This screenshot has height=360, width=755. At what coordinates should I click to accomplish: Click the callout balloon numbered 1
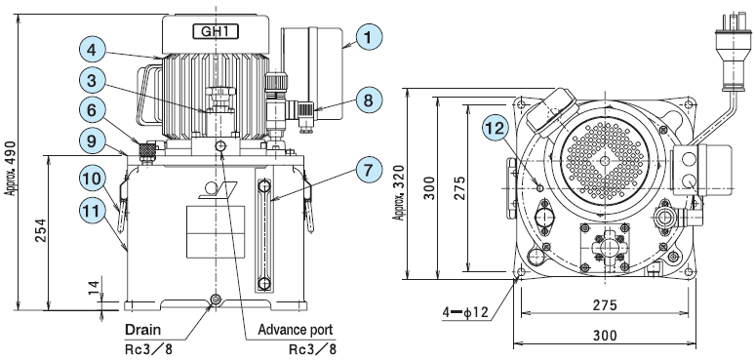click(x=369, y=37)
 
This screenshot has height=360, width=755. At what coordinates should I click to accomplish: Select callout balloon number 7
click(x=369, y=171)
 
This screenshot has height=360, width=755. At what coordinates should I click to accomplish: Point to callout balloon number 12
click(x=496, y=129)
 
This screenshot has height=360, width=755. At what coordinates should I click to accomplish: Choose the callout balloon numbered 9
click(x=93, y=140)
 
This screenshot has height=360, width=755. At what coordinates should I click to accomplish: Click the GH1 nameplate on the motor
click(x=217, y=32)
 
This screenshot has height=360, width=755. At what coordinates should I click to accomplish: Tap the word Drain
click(x=143, y=330)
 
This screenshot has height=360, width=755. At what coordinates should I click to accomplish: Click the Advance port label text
click(x=296, y=330)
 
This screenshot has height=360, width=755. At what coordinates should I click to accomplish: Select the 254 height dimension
click(x=40, y=230)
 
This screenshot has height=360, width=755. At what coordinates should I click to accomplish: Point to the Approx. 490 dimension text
click(x=10, y=169)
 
